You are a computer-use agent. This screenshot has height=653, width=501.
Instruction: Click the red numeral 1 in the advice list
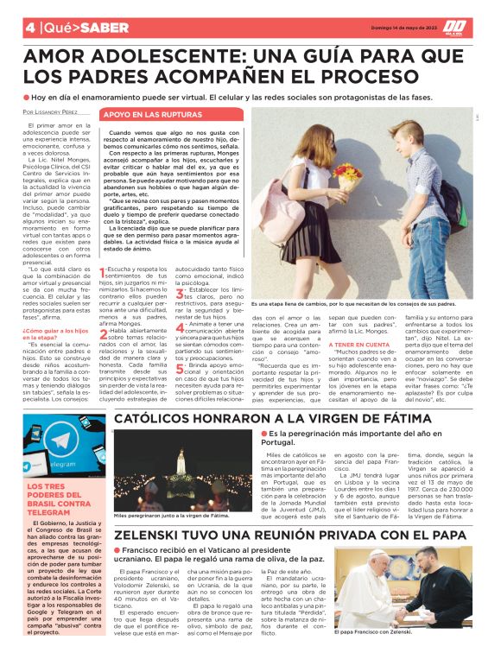tap(104, 298)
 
